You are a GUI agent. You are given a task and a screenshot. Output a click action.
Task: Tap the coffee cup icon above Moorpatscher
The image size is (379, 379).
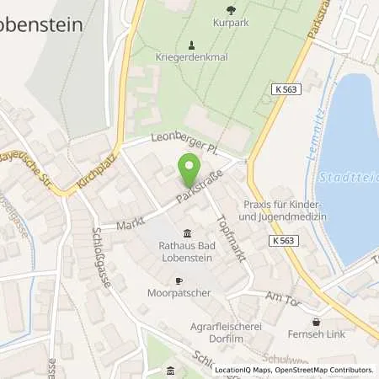(x=178, y=280)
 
